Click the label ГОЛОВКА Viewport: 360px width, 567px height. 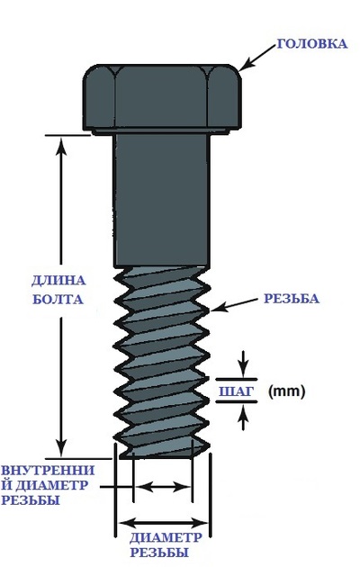click(312, 44)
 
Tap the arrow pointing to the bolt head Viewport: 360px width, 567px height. click(257, 58)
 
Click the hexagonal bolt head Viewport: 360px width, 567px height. click(162, 98)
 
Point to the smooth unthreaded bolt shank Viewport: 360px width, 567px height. click(162, 201)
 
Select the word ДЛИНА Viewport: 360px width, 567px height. click(58, 281)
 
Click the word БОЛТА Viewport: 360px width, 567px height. click(58, 300)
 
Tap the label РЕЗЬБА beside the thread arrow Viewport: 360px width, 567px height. click(292, 299)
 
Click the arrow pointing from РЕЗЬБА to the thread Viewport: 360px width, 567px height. click(234, 305)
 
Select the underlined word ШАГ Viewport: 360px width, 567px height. click(235, 391)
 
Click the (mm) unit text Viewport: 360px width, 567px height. click(286, 391)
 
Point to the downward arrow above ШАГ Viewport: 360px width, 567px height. click(244, 364)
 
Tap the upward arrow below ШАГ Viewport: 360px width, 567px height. click(244, 418)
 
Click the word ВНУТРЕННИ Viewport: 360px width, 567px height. click(48, 471)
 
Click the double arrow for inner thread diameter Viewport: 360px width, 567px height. click(162, 487)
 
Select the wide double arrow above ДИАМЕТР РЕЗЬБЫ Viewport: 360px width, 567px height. click(162, 523)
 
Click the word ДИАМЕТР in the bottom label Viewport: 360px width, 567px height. click(166, 537)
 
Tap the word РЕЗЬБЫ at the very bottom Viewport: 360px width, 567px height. click(159, 553)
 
